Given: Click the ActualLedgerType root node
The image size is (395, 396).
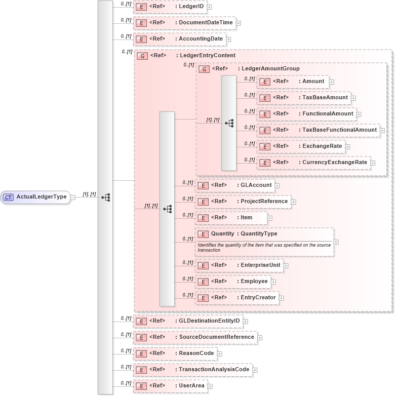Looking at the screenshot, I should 35,197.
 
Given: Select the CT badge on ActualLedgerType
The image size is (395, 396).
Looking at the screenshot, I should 9,197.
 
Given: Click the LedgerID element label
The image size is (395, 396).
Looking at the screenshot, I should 189,7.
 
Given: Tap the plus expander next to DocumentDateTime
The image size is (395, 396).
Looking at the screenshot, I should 238,23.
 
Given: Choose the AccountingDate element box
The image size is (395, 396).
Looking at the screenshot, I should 179,39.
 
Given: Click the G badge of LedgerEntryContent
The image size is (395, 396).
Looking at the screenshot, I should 143,56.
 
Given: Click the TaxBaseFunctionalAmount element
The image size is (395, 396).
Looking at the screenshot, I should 318,130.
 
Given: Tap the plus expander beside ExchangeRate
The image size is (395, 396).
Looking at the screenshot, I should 347,147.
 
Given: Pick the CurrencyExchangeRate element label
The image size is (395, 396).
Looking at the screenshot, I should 334,162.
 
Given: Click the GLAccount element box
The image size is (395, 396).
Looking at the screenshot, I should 235,185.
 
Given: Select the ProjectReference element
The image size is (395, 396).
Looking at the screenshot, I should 243,202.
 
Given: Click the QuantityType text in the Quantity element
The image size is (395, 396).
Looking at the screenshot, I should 259,234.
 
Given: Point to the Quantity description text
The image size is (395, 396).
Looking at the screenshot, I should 263,247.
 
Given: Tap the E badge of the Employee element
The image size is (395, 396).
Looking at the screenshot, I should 203,282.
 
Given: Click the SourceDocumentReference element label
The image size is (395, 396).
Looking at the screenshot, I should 216,337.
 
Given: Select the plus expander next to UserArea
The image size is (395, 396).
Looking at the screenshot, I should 210,386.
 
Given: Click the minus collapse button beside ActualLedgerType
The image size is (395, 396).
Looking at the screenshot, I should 73,197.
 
